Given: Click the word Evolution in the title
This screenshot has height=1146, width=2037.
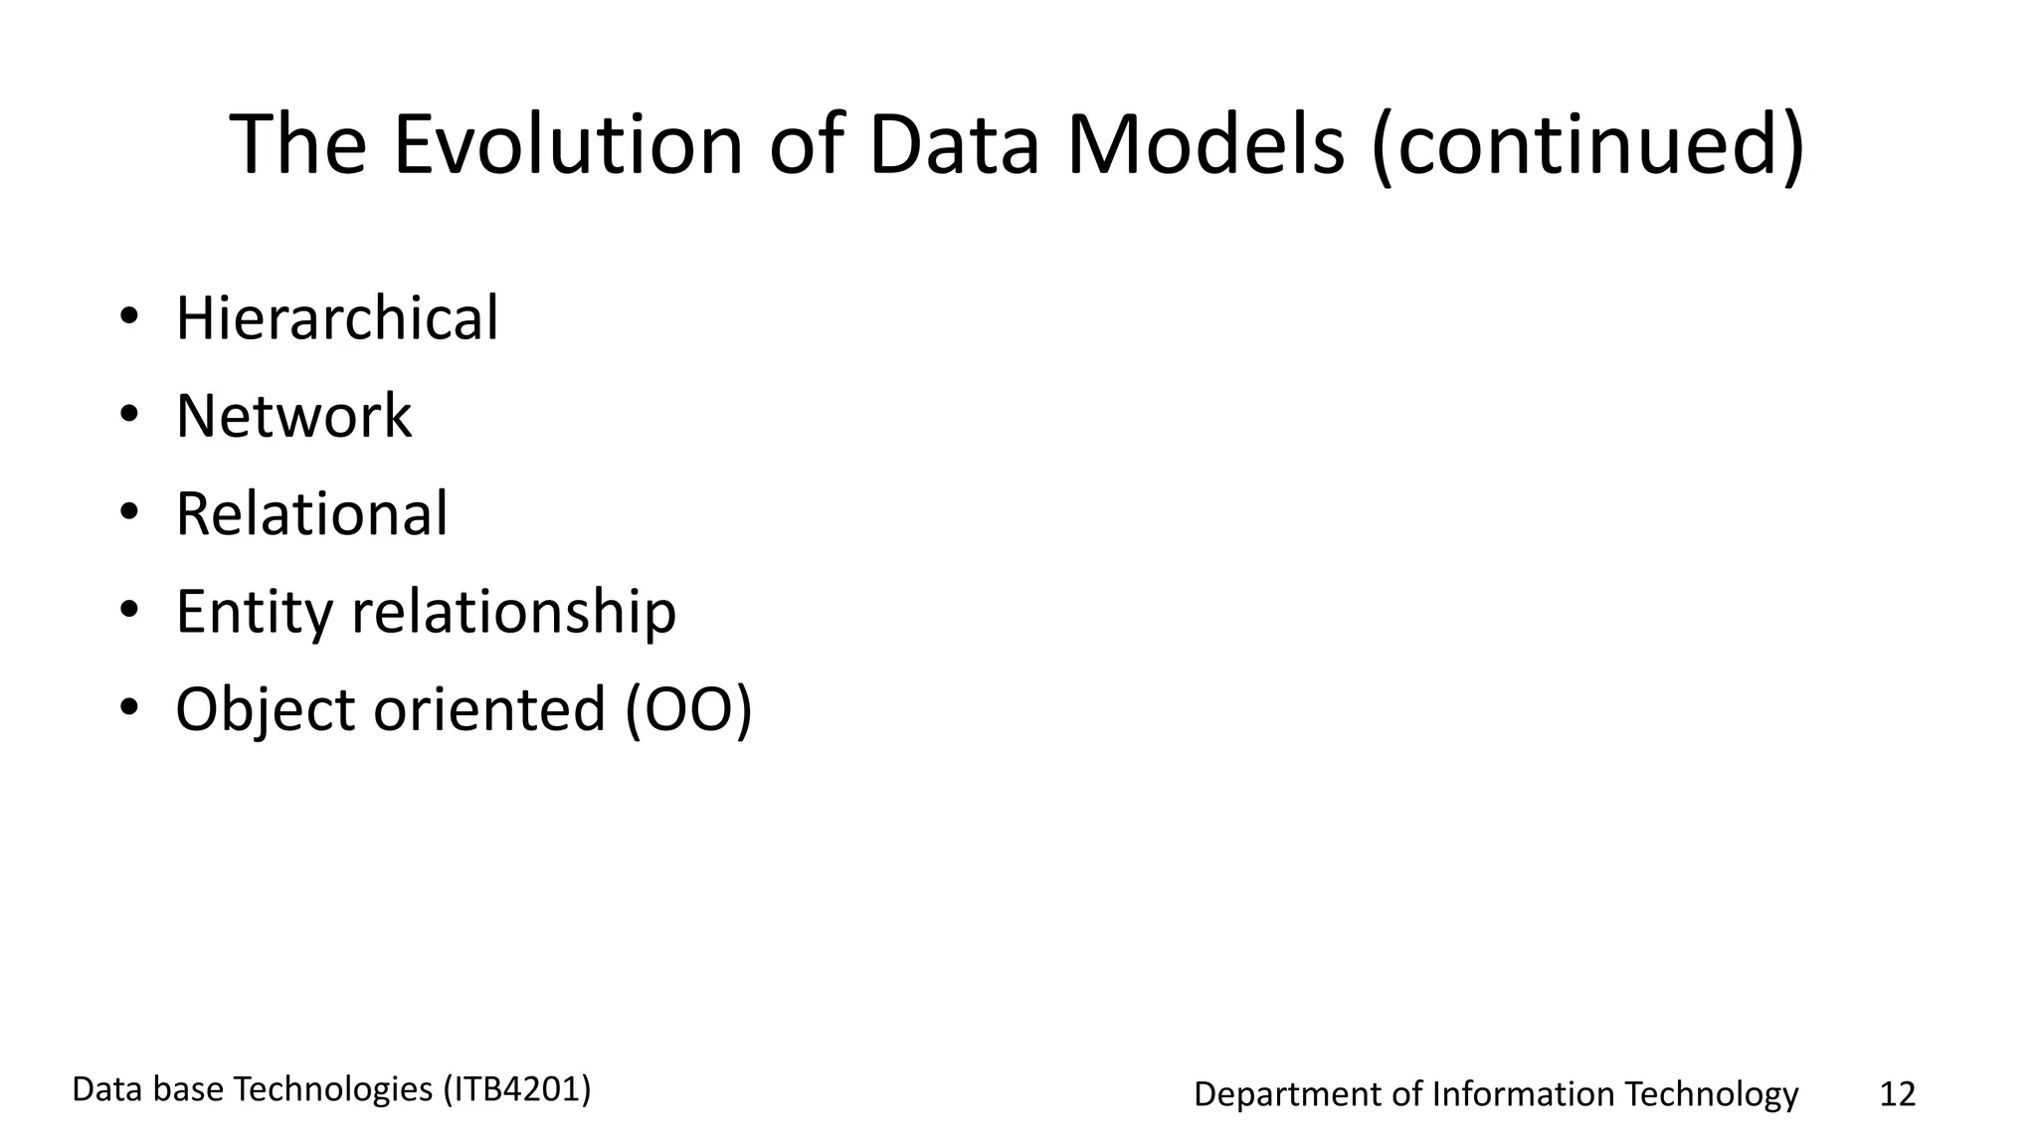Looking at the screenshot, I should [568, 145].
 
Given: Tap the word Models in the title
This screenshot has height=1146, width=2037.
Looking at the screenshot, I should [1205, 145].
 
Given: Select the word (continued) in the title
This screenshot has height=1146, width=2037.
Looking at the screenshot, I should [1587, 145].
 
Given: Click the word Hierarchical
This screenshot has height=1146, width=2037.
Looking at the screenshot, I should [337, 318].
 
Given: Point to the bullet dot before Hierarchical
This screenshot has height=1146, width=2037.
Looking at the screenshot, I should [128, 318].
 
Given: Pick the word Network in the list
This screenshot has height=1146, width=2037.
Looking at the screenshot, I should [293, 416].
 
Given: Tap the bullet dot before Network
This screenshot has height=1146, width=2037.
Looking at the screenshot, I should [128, 416].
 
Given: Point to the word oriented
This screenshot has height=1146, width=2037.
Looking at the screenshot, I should [488, 709].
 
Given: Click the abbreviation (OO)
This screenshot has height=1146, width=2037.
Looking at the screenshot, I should [688, 709].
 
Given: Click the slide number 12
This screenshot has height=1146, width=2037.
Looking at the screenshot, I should [1897, 1094].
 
